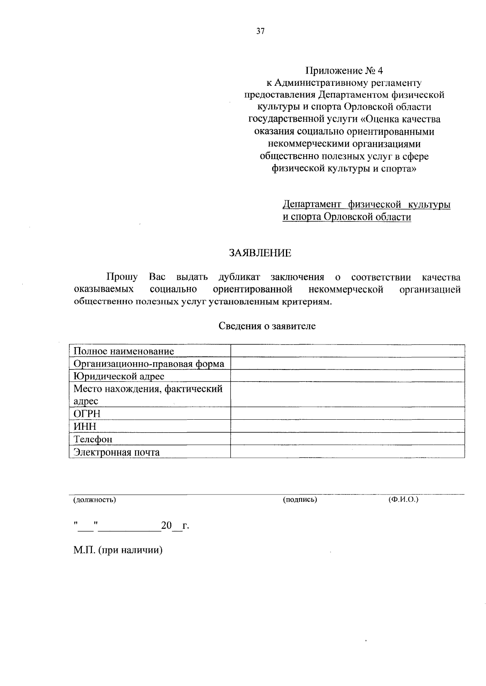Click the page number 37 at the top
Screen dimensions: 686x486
(260, 31)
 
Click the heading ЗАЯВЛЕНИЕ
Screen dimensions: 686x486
(260, 253)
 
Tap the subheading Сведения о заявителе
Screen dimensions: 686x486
(267, 326)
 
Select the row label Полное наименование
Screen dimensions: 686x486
(124, 351)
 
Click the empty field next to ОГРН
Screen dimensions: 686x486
(347, 413)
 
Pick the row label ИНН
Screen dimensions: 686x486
(85, 426)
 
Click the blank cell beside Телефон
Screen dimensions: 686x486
(347, 439)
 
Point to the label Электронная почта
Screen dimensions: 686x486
(117, 452)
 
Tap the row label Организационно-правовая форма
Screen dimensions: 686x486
(149, 364)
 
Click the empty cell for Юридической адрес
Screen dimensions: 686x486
(347, 376)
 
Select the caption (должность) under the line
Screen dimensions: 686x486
(94, 500)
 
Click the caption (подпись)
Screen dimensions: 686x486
(300, 500)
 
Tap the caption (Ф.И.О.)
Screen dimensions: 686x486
(403, 500)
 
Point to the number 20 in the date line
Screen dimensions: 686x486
(166, 526)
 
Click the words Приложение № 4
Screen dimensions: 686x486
(343, 71)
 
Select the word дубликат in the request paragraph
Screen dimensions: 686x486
(239, 278)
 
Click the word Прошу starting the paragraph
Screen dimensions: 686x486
(122, 278)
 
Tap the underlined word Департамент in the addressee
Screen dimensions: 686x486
(311, 205)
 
